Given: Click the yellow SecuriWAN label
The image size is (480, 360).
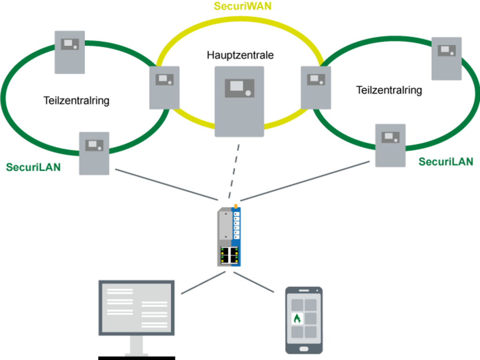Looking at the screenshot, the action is [242, 6].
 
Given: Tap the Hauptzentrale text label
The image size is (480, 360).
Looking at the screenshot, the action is [240, 55].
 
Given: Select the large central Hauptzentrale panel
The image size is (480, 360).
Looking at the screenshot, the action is [240, 101].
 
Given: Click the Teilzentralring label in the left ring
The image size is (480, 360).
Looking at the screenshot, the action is [76, 101].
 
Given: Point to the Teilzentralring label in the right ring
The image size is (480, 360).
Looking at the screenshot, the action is [389, 90].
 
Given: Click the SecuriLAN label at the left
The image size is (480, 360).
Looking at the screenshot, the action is [33, 167].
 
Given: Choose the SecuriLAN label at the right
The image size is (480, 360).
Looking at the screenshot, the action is [446, 162].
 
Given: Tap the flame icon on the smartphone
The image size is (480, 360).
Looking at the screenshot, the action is [297, 319].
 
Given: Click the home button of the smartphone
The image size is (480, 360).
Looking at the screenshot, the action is [304, 349].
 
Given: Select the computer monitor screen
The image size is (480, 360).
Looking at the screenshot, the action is [136, 307].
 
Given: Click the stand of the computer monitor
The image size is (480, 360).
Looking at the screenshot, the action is [136, 346].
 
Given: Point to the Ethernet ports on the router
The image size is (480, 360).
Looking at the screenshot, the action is [230, 255].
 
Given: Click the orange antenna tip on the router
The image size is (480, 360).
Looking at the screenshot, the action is [236, 206].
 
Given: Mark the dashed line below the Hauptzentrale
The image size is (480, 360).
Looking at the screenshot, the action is [234, 172].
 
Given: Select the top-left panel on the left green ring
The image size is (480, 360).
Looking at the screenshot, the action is [70, 52].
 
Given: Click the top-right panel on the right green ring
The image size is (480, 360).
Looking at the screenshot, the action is [447, 59].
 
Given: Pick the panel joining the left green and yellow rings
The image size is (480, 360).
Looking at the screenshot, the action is [165, 88].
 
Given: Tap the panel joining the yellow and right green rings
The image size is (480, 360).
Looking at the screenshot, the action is [316, 88].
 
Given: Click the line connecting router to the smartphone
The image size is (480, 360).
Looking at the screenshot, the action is [254, 282].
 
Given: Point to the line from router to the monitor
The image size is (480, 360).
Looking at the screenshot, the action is [203, 283].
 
